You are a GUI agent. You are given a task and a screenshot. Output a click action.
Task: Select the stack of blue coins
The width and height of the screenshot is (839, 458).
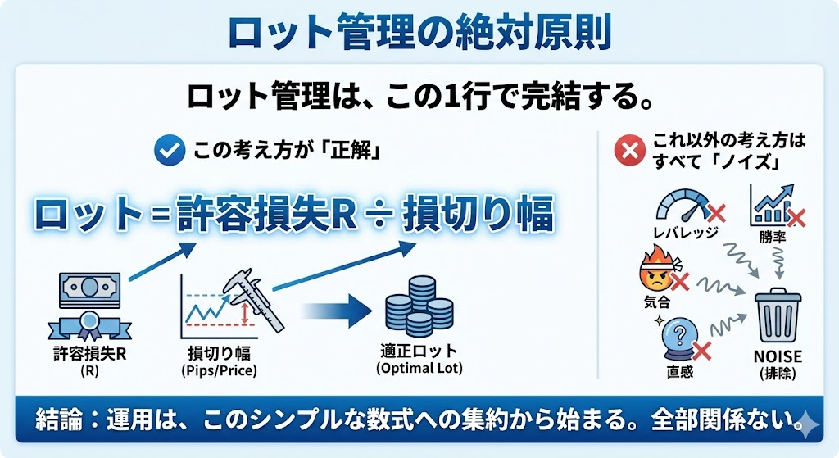(418, 306)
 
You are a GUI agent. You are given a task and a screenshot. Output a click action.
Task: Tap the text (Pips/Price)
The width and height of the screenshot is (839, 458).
(218, 370)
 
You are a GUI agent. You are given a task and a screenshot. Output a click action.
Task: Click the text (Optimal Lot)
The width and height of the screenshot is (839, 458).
(419, 369)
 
